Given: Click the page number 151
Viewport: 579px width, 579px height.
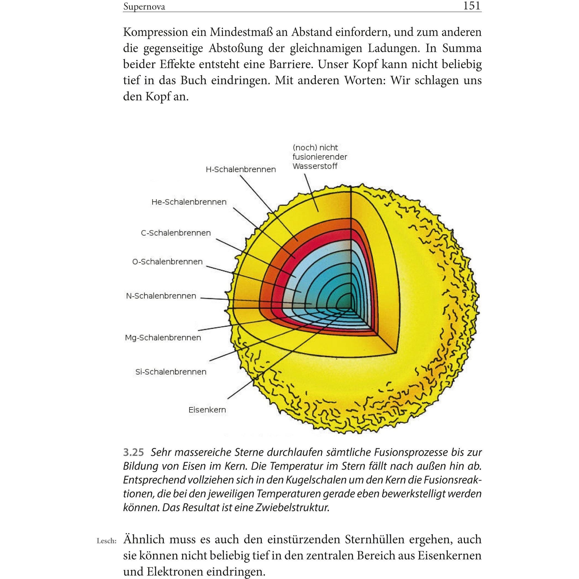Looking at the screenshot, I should click(x=472, y=6).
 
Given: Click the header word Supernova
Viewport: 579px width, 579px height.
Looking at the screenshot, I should click(x=144, y=7).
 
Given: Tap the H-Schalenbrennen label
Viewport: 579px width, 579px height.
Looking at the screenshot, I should click(x=241, y=170).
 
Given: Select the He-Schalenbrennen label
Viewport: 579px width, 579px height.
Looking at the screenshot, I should click(x=189, y=202).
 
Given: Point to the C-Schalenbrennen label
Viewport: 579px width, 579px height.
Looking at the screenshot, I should click(x=176, y=233).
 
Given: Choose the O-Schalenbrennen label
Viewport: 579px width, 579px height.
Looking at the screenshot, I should click(x=167, y=262).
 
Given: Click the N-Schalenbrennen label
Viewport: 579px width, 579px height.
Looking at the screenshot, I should click(x=161, y=296).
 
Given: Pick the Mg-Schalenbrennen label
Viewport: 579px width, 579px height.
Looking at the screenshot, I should click(x=163, y=338).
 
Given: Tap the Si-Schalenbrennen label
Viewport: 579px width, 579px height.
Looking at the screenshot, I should click(x=171, y=372).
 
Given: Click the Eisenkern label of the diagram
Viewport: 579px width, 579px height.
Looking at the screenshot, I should click(x=207, y=410).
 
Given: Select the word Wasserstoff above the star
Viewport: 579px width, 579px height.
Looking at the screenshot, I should click(x=315, y=166).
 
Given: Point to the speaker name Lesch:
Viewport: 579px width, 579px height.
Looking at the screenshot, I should click(x=106, y=541).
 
